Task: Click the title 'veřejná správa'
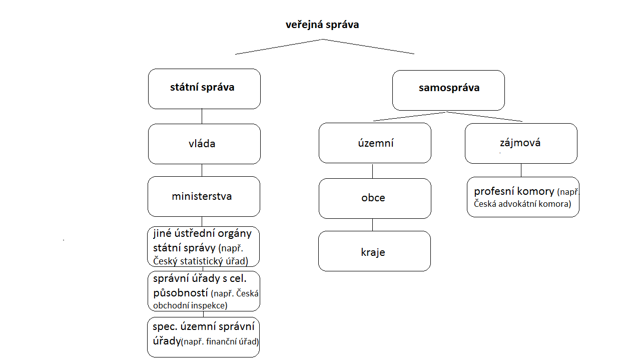[x=322, y=25]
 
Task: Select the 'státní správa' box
[x=204, y=89]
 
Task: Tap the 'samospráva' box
[x=448, y=90]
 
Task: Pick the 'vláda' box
[x=204, y=144]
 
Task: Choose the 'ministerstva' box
[x=204, y=196]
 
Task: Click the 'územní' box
[x=375, y=143]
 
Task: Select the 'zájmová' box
[x=521, y=143]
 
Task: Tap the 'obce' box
[x=375, y=198]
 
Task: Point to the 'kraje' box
[x=374, y=251]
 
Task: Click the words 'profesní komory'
[x=514, y=191]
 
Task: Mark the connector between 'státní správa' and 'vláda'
[x=202, y=116]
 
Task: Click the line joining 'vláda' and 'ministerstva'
[x=202, y=170]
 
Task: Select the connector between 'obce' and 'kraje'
[x=372, y=225]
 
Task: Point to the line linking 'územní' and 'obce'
[x=372, y=171]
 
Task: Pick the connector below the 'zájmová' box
[x=521, y=170]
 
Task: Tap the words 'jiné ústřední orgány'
[x=202, y=234]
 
